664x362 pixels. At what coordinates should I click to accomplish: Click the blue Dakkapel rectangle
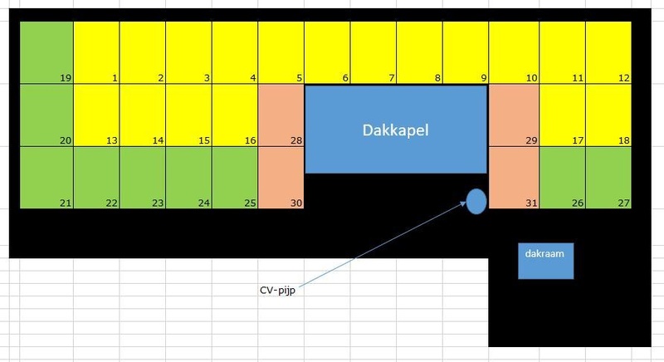pyautogui.click(x=396, y=130)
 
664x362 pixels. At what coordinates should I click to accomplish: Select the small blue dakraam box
pyautogui.click(x=546, y=260)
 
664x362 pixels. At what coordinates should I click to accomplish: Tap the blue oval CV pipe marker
pyautogui.click(x=476, y=201)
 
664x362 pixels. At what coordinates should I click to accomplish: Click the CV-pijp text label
pyautogui.click(x=276, y=291)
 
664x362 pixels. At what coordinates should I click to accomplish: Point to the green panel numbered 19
pyautogui.click(x=46, y=52)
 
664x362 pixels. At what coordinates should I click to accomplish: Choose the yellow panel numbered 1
pyautogui.click(x=96, y=52)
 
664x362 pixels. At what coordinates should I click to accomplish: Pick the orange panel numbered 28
pyautogui.click(x=281, y=115)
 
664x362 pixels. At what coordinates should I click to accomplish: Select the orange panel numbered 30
pyautogui.click(x=281, y=178)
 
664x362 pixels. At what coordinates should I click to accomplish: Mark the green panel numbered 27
pyautogui.click(x=609, y=178)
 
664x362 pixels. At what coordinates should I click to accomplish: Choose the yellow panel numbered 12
pyautogui.click(x=609, y=52)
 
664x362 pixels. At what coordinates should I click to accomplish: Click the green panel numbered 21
pyautogui.click(x=46, y=178)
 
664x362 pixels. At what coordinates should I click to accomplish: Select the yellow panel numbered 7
pyautogui.click(x=373, y=52)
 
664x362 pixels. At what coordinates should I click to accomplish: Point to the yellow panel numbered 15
pyautogui.click(x=188, y=115)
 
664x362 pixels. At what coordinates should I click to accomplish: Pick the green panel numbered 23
pyautogui.click(x=143, y=178)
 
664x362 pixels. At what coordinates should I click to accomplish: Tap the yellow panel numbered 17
pyautogui.click(x=563, y=115)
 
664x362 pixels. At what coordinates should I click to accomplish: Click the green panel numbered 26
pyautogui.click(x=563, y=178)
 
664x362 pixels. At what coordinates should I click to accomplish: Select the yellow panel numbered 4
pyautogui.click(x=235, y=52)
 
